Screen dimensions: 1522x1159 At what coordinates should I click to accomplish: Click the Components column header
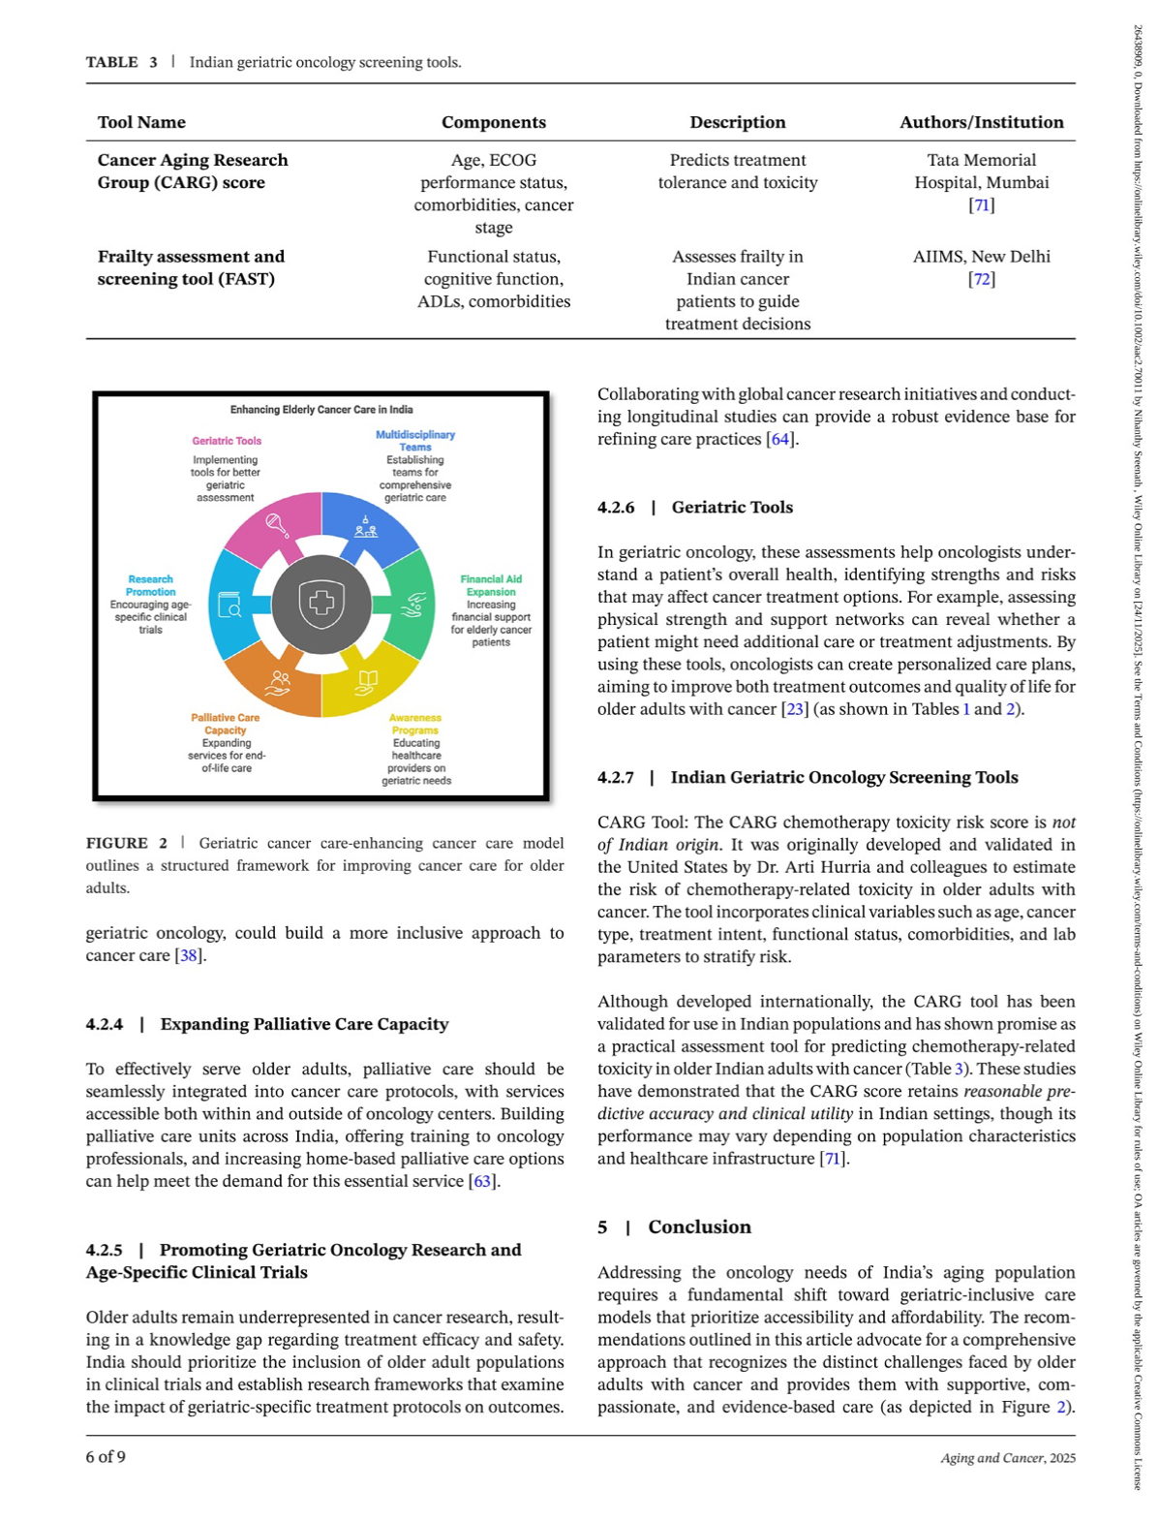(493, 122)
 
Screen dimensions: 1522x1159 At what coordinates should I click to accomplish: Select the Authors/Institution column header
(981, 122)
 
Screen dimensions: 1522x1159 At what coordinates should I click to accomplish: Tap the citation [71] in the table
(981, 204)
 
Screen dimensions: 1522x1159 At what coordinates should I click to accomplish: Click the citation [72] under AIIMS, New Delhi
(981, 279)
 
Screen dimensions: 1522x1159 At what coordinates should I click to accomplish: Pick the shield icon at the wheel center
(321, 604)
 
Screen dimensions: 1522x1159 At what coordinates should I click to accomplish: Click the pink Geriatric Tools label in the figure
(227, 441)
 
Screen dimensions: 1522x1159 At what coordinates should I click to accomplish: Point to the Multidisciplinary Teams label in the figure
(415, 441)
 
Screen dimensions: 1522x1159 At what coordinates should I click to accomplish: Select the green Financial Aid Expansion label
(491, 585)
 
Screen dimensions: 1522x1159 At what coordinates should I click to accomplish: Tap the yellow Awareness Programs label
(415, 724)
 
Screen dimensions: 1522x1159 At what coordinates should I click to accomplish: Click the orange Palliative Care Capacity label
(226, 724)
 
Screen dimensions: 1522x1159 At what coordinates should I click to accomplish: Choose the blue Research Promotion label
(151, 585)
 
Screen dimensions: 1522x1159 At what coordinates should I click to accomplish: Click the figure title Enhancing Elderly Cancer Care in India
(321, 410)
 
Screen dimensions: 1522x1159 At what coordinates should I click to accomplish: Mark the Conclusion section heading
(699, 1227)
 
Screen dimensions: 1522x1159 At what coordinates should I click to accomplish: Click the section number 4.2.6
(616, 508)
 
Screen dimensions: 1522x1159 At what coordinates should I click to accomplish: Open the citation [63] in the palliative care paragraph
(481, 1181)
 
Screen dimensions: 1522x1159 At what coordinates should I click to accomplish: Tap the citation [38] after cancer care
(188, 955)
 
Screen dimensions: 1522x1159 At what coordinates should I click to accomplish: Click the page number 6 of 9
(106, 1457)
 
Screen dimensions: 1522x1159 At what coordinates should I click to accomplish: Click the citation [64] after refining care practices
(779, 439)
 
